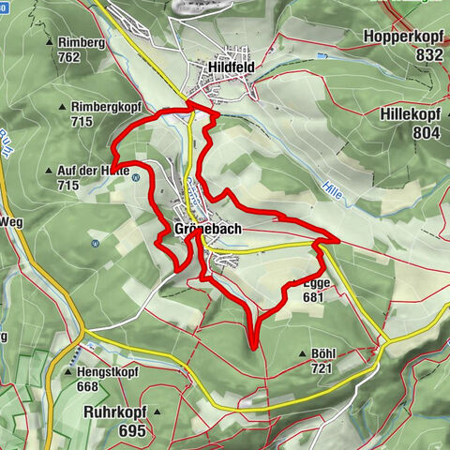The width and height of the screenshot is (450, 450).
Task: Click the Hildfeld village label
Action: tap(229, 67)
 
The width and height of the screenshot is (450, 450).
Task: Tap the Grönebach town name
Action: tap(208, 230)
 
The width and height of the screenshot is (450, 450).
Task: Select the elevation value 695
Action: tap(132, 430)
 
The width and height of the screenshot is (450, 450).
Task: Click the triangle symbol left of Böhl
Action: tap(302, 353)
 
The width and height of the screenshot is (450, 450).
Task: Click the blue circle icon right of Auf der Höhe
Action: tap(137, 177)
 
